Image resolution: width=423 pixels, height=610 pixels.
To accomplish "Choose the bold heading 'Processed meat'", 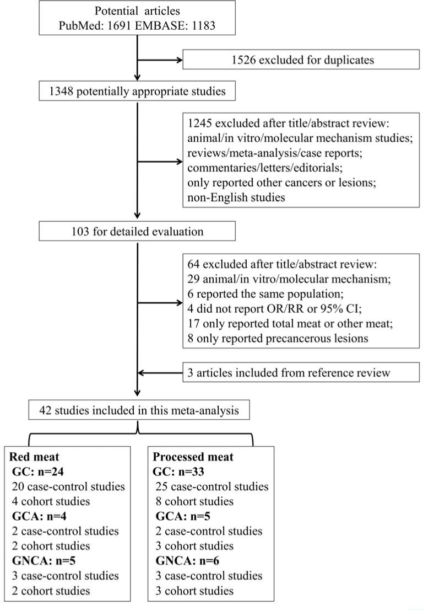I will [193, 457].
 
